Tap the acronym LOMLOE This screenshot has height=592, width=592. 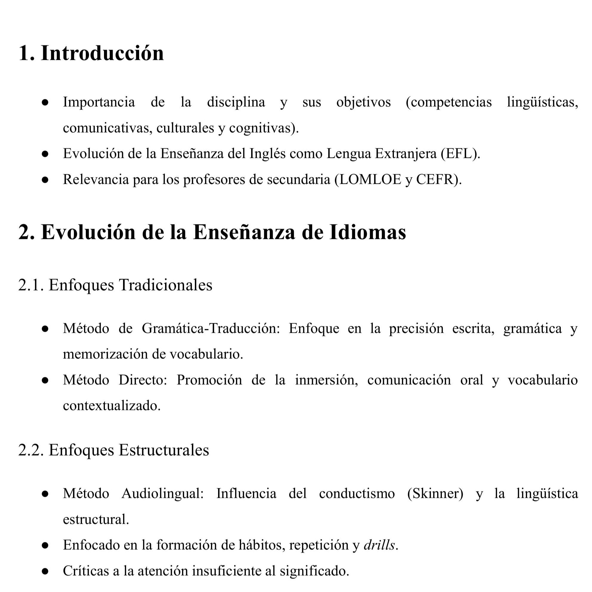[x=370, y=180]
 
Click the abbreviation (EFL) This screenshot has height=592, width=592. [x=460, y=153]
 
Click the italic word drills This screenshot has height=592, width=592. [x=379, y=545]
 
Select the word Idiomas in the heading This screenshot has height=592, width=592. [x=368, y=232]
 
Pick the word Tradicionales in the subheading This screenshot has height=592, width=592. [x=165, y=285]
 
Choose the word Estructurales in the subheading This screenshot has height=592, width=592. [x=164, y=450]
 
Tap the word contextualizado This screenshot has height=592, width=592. [x=111, y=406]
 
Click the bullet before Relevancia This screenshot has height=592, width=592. [x=45, y=180]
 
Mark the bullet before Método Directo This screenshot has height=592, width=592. [x=45, y=380]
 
